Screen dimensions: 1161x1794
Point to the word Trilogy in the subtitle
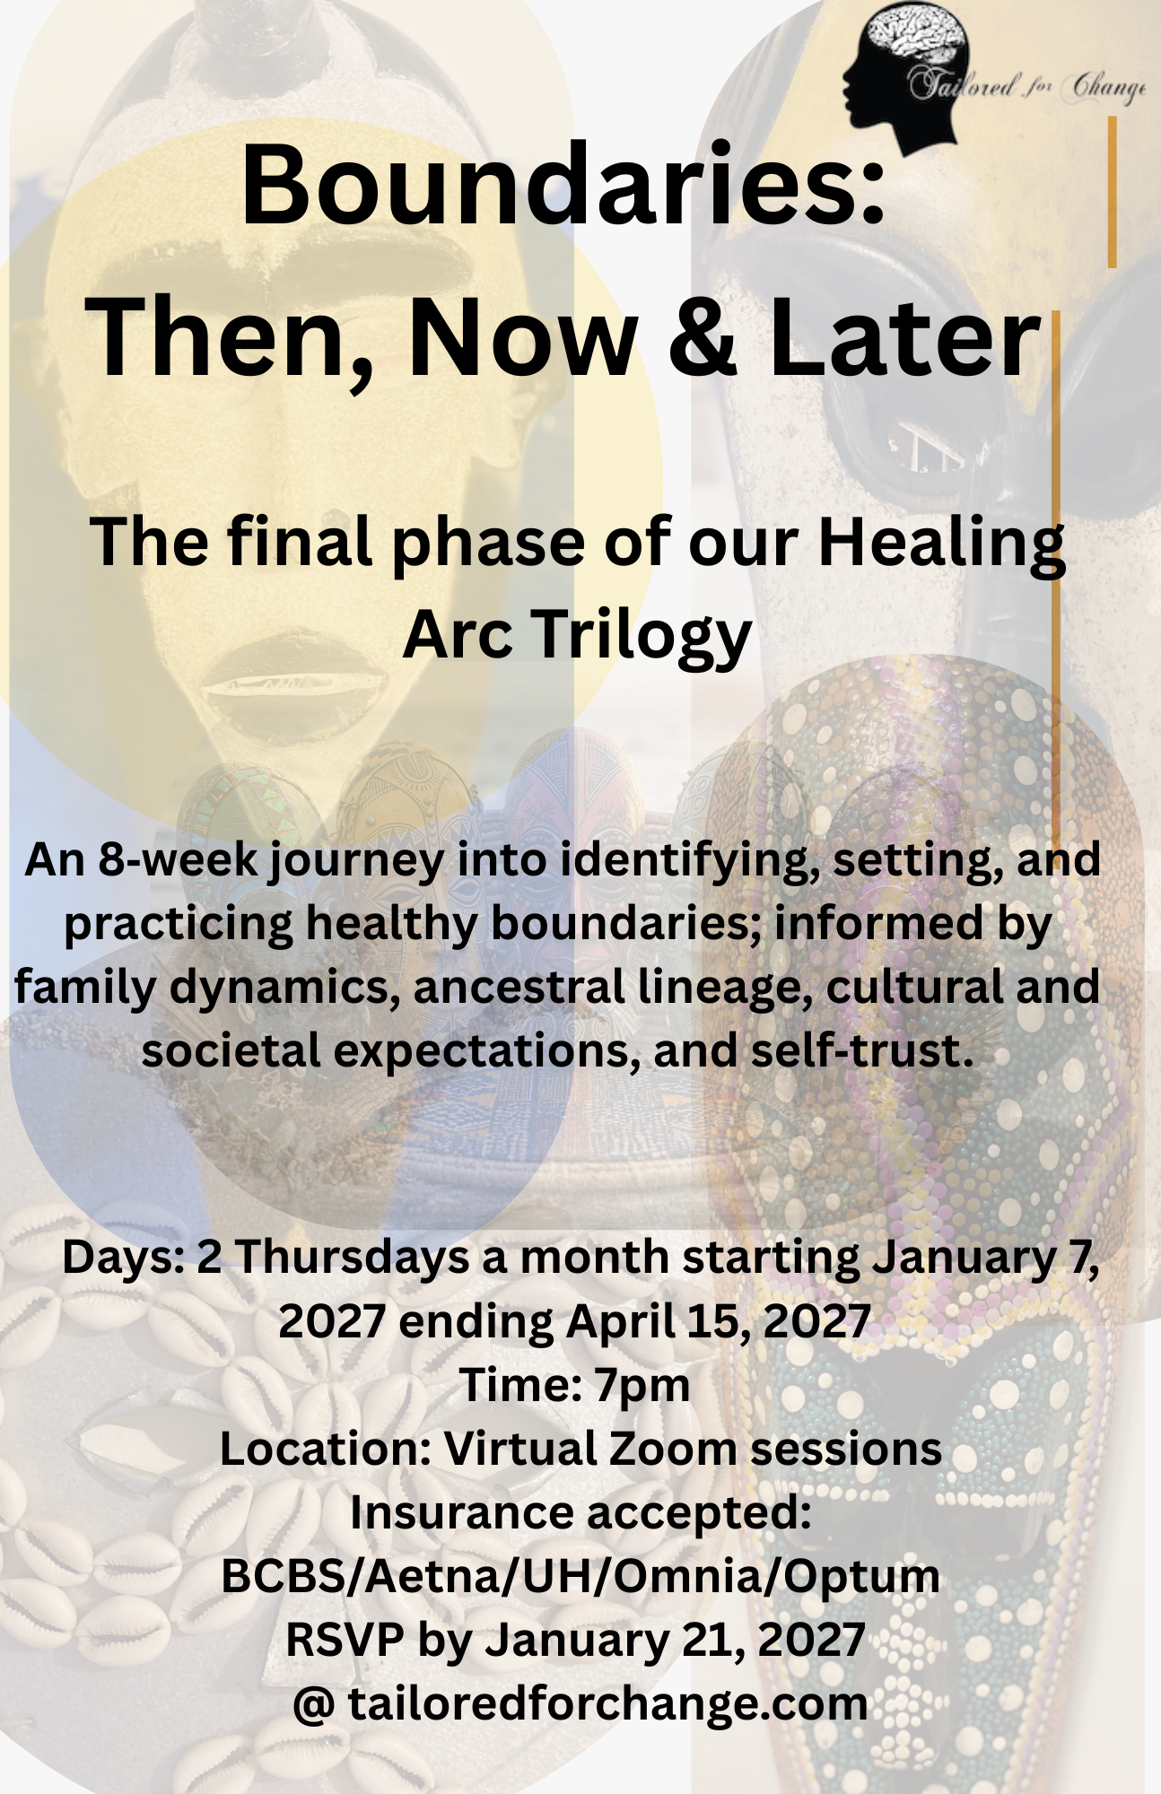pos(642,635)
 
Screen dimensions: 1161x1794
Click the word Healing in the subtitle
pos(941,545)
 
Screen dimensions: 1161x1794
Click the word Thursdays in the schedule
pos(352,1257)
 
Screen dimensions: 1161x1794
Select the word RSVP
pos(344,1640)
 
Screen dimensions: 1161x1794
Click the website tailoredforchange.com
pos(608,1703)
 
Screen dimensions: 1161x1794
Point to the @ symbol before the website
pos(314,1704)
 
